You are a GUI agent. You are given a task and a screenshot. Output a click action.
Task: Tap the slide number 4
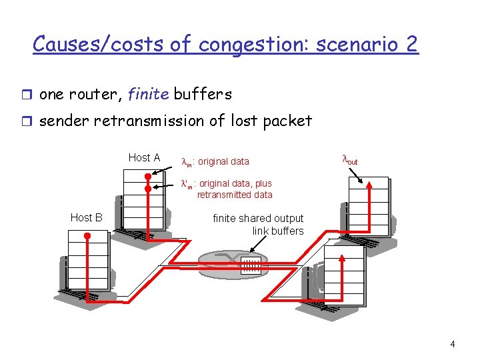tap(453, 345)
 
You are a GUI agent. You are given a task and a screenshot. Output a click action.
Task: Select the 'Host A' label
tap(144, 158)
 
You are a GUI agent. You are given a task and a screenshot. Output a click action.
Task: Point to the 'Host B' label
tap(86, 217)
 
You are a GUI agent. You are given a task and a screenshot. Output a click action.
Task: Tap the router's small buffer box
tap(251, 265)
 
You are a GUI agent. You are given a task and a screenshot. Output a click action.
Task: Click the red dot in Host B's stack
tap(87, 235)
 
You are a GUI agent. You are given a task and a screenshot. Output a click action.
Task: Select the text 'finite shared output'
tap(257, 218)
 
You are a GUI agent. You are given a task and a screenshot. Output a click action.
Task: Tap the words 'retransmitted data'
tap(235, 195)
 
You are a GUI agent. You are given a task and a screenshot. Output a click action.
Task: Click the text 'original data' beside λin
tap(224, 161)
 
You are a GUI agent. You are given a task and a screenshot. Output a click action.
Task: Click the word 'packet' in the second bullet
tap(287, 121)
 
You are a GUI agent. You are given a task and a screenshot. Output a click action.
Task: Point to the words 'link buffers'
tap(277, 231)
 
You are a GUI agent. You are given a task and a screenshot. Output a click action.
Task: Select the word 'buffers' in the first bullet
tap(203, 95)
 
